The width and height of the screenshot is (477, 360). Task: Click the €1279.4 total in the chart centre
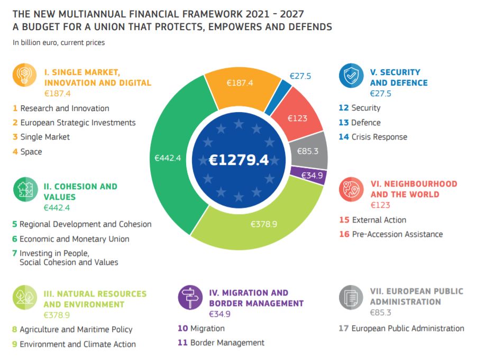(x=238, y=160)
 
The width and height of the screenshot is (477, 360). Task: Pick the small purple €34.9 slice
(x=311, y=175)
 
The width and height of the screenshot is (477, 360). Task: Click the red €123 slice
(x=299, y=117)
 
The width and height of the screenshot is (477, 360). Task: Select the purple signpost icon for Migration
(x=190, y=297)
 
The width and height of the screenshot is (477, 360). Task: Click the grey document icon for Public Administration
(x=351, y=297)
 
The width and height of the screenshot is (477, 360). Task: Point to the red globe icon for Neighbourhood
(x=351, y=188)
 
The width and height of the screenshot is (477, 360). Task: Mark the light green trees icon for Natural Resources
(x=25, y=297)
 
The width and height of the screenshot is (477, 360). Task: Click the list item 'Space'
(x=31, y=152)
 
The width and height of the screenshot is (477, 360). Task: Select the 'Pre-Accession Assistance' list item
(x=397, y=234)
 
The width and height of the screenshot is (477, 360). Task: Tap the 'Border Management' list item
(x=227, y=343)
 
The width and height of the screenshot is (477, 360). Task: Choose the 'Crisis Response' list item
(x=379, y=137)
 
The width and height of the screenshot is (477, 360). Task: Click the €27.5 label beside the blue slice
(x=300, y=76)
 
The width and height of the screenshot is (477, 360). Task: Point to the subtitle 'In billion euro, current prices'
(x=59, y=43)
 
